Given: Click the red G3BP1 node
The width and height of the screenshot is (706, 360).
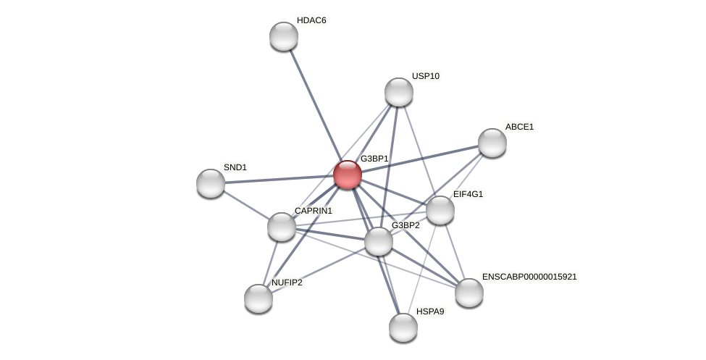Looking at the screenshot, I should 348,175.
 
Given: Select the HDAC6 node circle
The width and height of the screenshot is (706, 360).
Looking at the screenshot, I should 284,36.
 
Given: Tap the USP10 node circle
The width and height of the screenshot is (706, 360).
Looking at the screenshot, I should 399,92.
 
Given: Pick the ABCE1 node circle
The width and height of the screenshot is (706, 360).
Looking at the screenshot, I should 492,143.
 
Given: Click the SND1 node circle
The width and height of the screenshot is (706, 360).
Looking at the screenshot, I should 211,183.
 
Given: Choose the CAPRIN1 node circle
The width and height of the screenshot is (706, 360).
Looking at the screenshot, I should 282,227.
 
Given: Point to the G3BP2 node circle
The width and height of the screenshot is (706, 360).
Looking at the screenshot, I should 379,241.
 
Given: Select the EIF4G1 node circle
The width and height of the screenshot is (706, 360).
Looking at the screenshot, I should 440,210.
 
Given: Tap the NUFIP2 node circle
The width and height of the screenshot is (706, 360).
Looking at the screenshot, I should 259,298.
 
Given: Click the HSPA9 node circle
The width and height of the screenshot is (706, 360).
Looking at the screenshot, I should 403,327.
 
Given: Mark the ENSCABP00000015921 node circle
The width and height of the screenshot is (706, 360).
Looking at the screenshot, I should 469,293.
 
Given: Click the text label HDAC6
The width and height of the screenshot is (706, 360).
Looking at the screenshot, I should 311,20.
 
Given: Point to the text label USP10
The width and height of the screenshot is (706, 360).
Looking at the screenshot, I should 426,76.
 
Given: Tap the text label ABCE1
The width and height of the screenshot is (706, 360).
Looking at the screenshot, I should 519,127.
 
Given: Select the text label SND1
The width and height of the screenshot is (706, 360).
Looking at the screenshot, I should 235,167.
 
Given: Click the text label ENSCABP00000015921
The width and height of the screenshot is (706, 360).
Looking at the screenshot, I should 529,277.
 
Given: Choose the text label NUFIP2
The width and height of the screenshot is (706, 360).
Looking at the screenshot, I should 287,282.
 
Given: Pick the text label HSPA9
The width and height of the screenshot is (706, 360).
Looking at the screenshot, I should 430,311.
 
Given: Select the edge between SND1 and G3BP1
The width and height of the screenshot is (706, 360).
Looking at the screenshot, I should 279,179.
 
